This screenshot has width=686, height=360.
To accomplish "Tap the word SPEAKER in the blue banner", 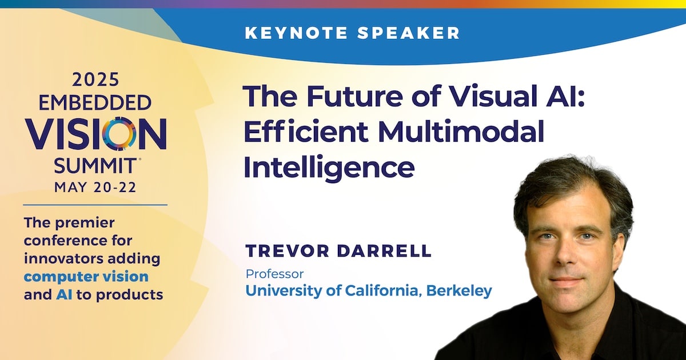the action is (x=409, y=33).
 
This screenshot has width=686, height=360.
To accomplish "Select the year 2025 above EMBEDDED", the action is (x=95, y=79).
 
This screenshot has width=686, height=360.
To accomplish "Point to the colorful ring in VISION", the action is (x=119, y=134).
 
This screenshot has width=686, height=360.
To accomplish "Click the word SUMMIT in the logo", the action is (x=95, y=166).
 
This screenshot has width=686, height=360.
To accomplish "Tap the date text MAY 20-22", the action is (x=95, y=187).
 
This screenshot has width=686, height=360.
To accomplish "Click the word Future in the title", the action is (x=354, y=97).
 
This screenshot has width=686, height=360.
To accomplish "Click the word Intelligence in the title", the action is (x=329, y=168).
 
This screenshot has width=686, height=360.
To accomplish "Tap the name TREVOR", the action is (x=288, y=251).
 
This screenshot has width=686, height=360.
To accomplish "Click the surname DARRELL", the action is (x=384, y=251).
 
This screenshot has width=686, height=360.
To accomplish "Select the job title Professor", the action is (x=275, y=274).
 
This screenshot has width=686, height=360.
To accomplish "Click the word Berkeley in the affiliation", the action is (x=459, y=290).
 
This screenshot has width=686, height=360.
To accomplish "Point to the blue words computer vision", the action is (x=86, y=277).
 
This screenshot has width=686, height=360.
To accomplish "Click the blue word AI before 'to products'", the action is (x=64, y=295).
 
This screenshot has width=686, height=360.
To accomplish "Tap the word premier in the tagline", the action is (x=85, y=223).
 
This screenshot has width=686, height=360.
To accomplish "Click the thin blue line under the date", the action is (x=95, y=205).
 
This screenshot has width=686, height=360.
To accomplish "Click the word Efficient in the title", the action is (x=306, y=132).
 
